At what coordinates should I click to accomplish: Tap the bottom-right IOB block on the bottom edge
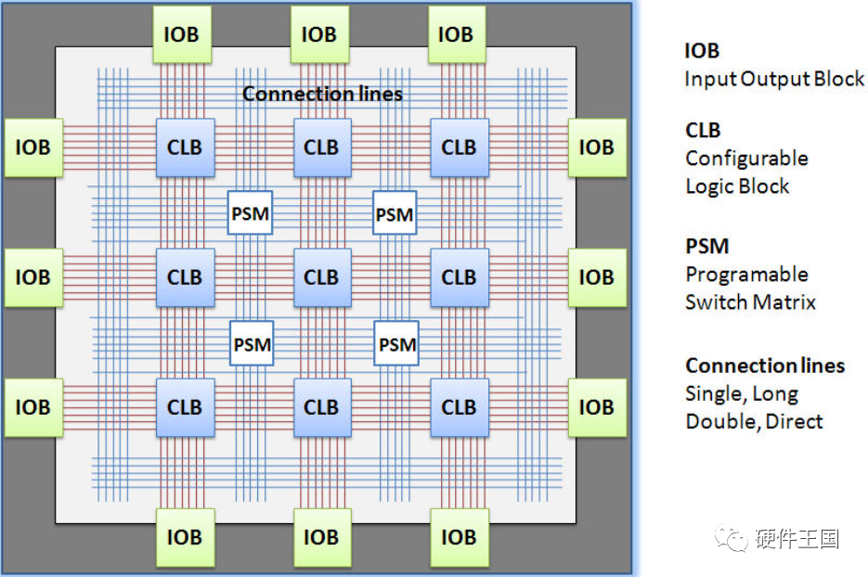coord(457,537)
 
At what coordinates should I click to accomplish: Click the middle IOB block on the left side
coord(33,277)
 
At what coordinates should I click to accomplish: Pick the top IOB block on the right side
coord(597,147)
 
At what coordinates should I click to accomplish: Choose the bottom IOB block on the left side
coord(33,407)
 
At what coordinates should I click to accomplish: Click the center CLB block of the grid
coord(322,277)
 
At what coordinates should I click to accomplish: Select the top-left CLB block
coord(185,147)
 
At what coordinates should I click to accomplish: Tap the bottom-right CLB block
coord(459,407)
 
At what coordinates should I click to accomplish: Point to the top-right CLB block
coord(459,147)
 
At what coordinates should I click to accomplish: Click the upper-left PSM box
coord(251,214)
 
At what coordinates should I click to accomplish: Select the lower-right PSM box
coord(397,344)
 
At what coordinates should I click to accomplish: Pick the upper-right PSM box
coord(395,214)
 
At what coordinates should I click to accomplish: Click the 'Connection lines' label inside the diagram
coord(322,94)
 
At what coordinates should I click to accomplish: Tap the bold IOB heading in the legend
coord(702,51)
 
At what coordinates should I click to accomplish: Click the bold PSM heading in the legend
coord(706,247)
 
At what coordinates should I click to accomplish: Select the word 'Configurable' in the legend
coord(746,159)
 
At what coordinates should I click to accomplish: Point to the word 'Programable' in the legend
coord(746,275)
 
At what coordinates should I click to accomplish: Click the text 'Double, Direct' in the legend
coord(754,421)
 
